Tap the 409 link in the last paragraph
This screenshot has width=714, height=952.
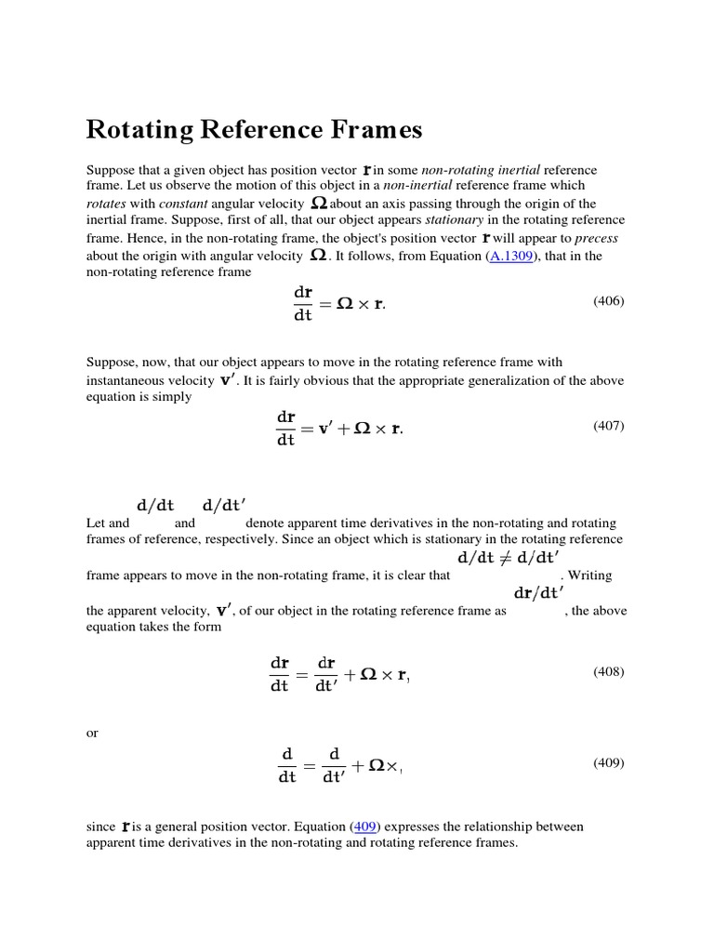[365, 826]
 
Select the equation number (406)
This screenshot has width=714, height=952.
[609, 300]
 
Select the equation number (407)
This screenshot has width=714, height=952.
[609, 426]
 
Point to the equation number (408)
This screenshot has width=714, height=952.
[609, 671]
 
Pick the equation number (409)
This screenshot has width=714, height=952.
[609, 762]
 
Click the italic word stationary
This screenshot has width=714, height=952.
[456, 220]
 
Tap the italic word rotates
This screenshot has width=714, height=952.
[105, 204]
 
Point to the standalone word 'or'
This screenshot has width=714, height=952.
[92, 733]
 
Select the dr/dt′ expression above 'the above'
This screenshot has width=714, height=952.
[538, 592]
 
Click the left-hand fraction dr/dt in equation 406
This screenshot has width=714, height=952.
[304, 304]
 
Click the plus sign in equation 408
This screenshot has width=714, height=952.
[350, 675]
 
